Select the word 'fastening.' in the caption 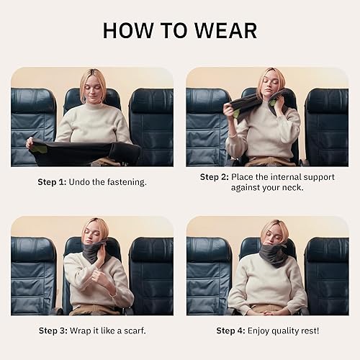pos(125,182)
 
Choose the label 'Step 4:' pos(234,330)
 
